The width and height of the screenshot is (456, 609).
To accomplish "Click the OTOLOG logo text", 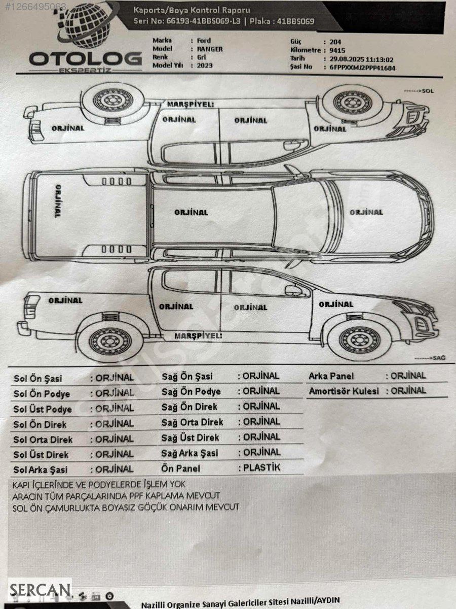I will click(x=85, y=59).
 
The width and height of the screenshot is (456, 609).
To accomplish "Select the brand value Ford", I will click(x=204, y=41).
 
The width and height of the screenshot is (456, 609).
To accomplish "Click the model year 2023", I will click(x=205, y=65).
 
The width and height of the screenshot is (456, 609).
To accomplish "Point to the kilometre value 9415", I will click(x=337, y=50).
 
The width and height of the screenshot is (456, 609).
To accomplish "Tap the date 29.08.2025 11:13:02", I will click(x=361, y=59).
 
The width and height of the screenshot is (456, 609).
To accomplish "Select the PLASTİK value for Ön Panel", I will click(x=262, y=467).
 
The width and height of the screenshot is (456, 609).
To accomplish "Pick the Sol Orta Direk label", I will click(x=43, y=439).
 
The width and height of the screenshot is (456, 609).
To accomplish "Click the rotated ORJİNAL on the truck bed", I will click(x=57, y=201).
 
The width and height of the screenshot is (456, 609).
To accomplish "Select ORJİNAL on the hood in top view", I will click(x=366, y=212).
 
